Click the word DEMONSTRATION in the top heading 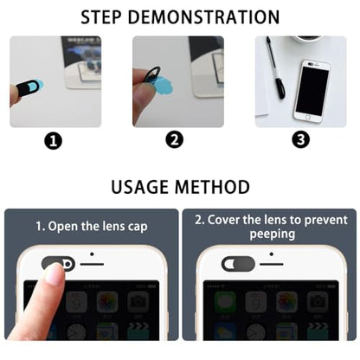tap(203, 17)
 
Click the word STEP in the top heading tap(100, 17)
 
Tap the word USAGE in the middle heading tap(140, 187)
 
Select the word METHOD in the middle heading tap(213, 187)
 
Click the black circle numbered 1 tap(54, 141)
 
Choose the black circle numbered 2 tap(175, 140)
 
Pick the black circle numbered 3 tap(301, 139)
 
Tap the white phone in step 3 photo tap(312, 91)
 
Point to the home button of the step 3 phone tap(308, 118)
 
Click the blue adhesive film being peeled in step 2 tap(164, 85)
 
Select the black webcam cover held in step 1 tap(28, 88)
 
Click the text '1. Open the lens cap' tap(92, 227)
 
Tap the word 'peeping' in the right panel tap(273, 235)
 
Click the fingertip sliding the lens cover tap(54, 273)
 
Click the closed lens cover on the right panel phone tap(238, 264)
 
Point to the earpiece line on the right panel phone tap(272, 264)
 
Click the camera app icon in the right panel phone tap(317, 301)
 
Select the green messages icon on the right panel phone tap(225, 301)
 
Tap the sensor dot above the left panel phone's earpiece tap(92, 254)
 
